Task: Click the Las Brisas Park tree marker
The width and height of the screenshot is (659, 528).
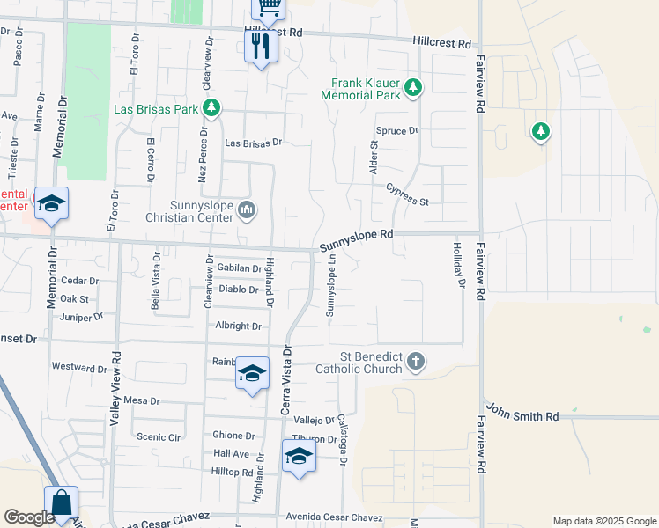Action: [211, 108]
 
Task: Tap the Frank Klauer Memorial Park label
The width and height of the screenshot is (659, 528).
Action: [361, 88]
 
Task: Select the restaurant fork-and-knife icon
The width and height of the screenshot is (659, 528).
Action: [260, 47]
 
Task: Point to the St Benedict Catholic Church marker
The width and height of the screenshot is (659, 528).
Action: [417, 361]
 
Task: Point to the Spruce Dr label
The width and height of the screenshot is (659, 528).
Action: [396, 130]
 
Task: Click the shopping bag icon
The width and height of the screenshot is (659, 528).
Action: [62, 503]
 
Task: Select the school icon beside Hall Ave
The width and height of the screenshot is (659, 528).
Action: [299, 456]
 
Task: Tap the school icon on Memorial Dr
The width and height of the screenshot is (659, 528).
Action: [52, 204]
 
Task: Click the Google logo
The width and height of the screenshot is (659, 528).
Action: [29, 517]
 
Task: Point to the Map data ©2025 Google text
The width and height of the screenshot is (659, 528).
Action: [603, 521]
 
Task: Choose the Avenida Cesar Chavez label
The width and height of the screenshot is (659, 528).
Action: [325, 515]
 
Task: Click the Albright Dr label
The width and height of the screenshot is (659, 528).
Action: [239, 326]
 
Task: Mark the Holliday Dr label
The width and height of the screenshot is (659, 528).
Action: [458, 265]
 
